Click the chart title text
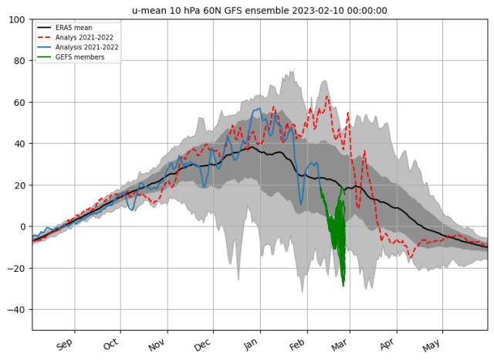(x=259, y=10)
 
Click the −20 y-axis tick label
(x=17, y=269)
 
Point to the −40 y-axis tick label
(x=17, y=310)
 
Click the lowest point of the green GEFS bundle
(x=343, y=286)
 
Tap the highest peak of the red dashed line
(x=327, y=96)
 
